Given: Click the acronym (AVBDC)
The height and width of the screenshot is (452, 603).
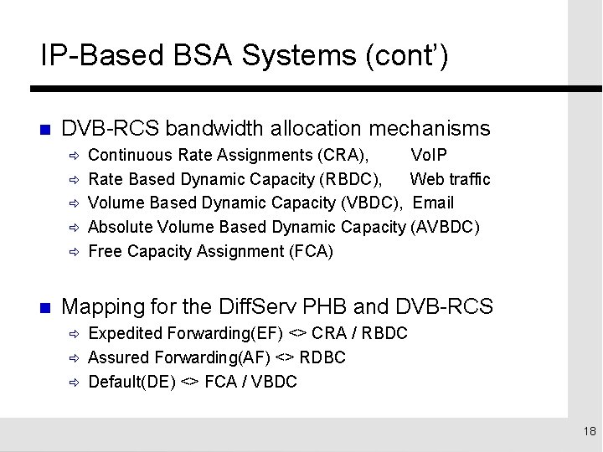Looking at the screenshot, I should [445, 226].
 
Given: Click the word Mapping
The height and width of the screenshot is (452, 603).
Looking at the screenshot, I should [104, 305].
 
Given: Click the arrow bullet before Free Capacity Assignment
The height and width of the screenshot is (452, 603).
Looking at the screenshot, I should [73, 251].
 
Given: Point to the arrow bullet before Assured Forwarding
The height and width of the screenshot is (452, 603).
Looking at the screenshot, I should [73, 358].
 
